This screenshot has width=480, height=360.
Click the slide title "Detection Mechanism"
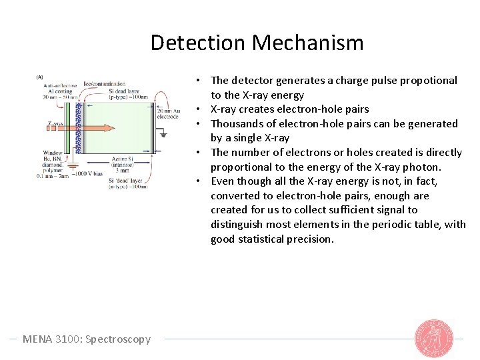[x=257, y=43]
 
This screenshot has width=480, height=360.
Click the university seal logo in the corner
[x=434, y=338]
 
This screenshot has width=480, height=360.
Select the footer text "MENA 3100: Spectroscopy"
[x=87, y=339]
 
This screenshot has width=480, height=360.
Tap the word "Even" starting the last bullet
[x=223, y=181]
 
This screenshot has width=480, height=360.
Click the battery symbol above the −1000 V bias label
[x=73, y=165]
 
